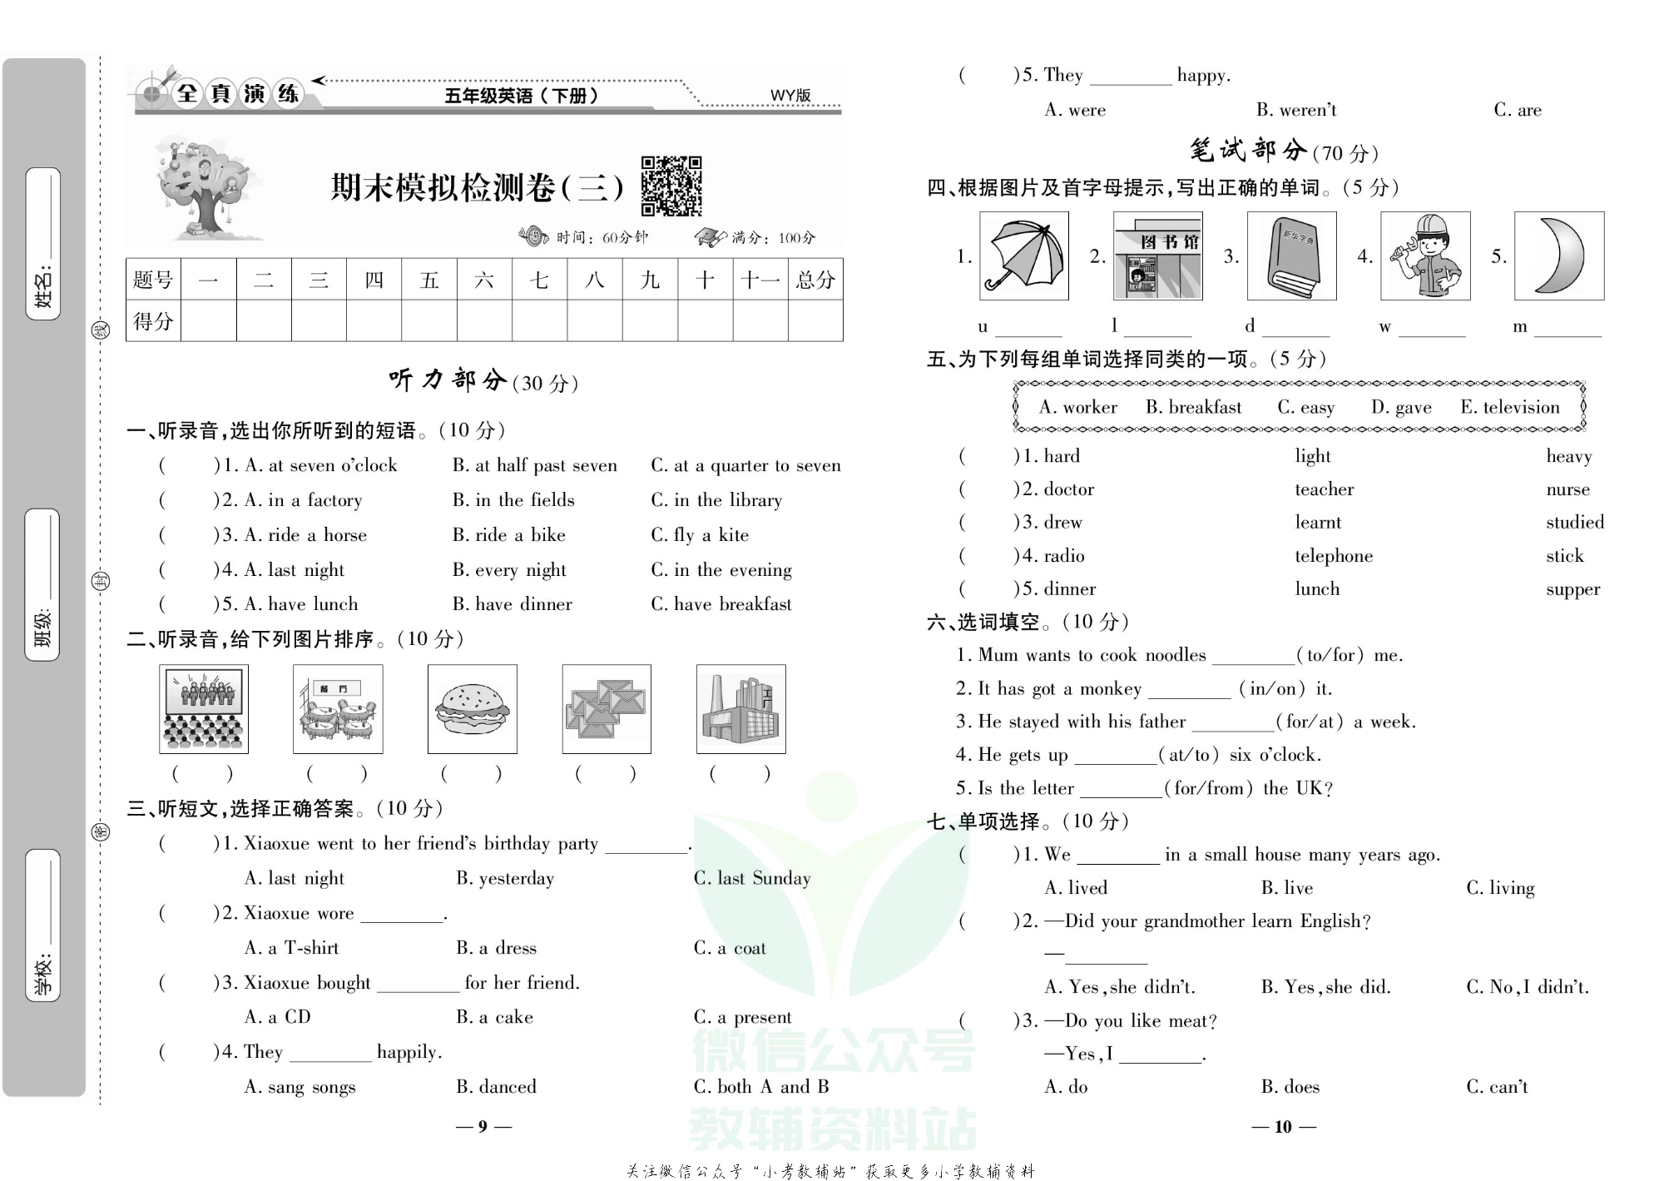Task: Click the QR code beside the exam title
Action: [x=671, y=186]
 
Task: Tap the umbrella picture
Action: [x=1023, y=256]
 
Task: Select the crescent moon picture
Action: [x=1558, y=256]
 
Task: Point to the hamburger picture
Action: [x=472, y=709]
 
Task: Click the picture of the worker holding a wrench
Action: [x=1424, y=256]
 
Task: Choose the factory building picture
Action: [x=740, y=709]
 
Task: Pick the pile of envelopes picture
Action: [x=606, y=709]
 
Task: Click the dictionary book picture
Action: [x=1291, y=256]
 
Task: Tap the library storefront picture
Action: [x=1157, y=256]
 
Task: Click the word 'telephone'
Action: [x=1333, y=556]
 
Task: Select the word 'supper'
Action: [x=1572, y=589]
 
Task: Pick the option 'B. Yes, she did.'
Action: [x=1325, y=987]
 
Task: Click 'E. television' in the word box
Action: [x=1509, y=407]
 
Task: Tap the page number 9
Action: [x=483, y=1127]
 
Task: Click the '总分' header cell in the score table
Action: [x=815, y=280]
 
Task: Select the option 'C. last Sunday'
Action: [x=751, y=878]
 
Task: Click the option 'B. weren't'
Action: [x=1295, y=110]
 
